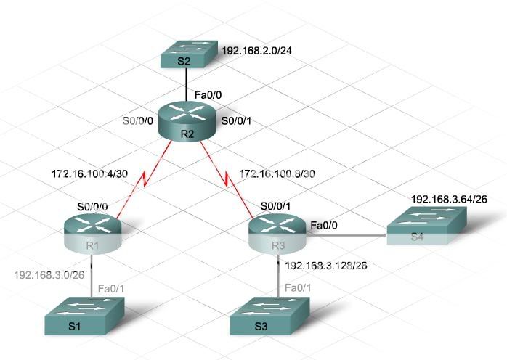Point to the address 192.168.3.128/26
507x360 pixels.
pos(326,266)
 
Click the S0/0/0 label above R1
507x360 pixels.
pos(92,207)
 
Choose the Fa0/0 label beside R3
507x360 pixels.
pos(324,226)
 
